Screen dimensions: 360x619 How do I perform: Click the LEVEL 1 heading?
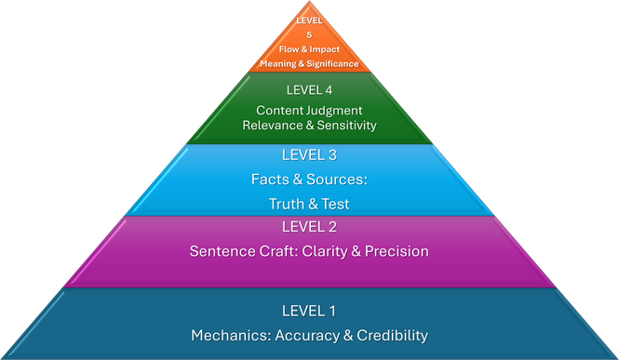[x=309, y=311]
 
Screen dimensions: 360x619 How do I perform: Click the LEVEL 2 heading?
[x=309, y=226]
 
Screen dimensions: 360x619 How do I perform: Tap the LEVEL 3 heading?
[x=309, y=154]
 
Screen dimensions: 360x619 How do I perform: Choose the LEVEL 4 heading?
[x=309, y=90]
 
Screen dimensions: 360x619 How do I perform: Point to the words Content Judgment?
[x=309, y=110]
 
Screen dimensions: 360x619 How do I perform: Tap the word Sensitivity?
[x=345, y=125]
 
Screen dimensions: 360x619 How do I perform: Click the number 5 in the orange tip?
[x=309, y=34]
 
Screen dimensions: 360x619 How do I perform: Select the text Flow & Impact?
[x=309, y=49]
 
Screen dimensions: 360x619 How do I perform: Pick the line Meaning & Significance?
[x=309, y=63]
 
